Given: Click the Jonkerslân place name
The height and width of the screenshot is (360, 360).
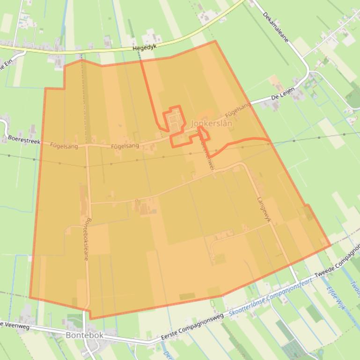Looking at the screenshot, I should (212, 123).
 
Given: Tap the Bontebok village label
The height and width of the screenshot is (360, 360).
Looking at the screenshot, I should (84, 336).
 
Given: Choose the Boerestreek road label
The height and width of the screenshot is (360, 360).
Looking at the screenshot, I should (24, 140).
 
